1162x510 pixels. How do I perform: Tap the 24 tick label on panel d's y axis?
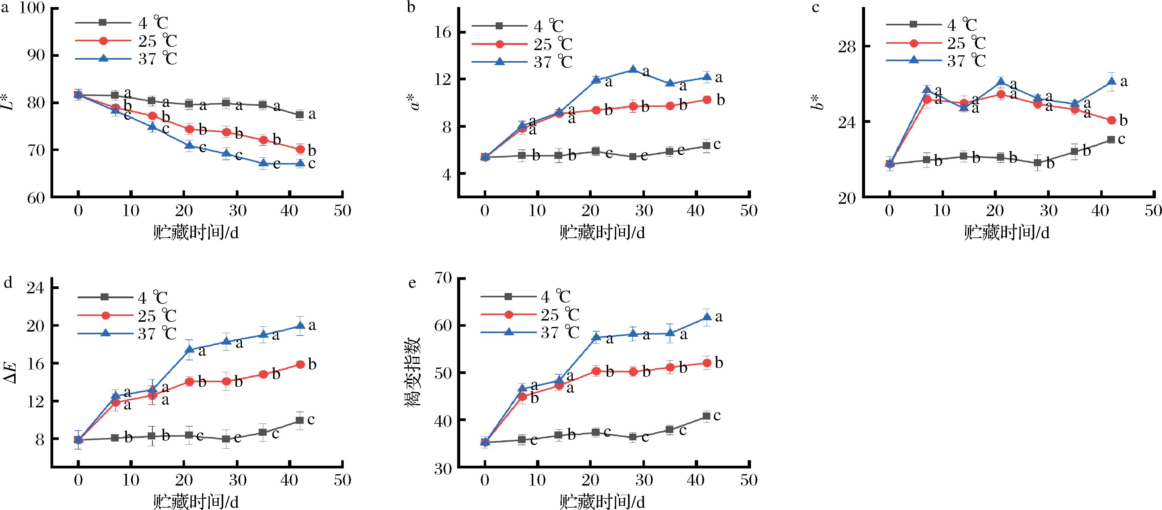[36, 288]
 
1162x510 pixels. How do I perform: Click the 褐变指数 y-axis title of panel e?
[414, 372]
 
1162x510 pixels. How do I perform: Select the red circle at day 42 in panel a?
[300, 149]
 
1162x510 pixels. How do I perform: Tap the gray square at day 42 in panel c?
[1111, 140]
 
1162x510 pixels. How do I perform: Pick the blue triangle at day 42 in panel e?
[707, 317]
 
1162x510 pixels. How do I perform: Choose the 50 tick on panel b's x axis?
[749, 211]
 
